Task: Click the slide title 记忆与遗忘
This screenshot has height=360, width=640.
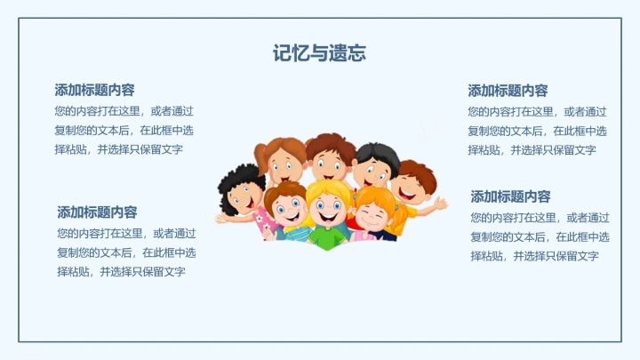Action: [319, 53]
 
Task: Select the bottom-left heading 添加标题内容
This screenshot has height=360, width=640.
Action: [97, 212]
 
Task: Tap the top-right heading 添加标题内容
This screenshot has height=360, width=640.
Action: [508, 91]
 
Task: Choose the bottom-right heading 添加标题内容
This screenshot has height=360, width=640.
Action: [510, 196]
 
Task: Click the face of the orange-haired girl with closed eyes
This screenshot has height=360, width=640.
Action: [374, 212]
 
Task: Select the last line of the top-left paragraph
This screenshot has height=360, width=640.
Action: [118, 149]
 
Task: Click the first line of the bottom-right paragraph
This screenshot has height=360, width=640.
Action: [540, 217]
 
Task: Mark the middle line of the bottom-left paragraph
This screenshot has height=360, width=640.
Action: [126, 252]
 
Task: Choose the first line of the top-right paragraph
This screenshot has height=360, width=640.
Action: [537, 111]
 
